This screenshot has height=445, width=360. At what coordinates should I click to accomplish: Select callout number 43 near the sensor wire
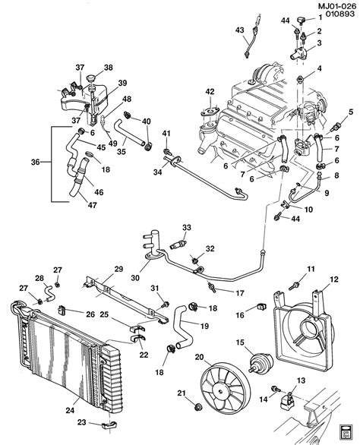(240, 30)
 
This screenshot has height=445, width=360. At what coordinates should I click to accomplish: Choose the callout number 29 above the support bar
(118, 270)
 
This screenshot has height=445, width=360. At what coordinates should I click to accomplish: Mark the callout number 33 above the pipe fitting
(186, 227)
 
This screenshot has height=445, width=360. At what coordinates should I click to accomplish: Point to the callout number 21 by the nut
(181, 393)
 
